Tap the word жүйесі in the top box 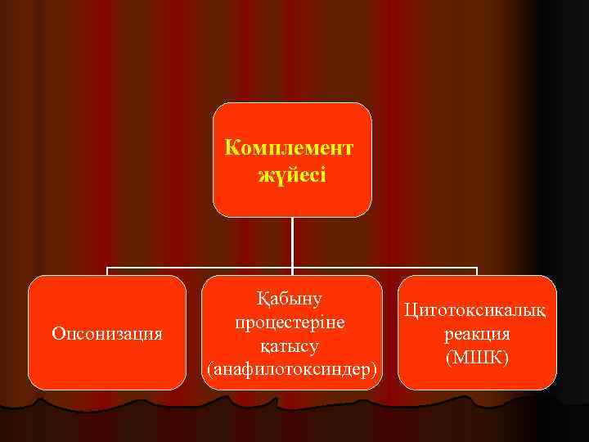tap(292, 175)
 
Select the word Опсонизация tap(106, 334)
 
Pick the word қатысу tap(291, 346)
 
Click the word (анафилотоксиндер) tap(292, 370)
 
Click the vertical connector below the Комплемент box tap(292, 241)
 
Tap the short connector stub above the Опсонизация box tap(107, 272)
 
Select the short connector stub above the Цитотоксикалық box tap(477, 272)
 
